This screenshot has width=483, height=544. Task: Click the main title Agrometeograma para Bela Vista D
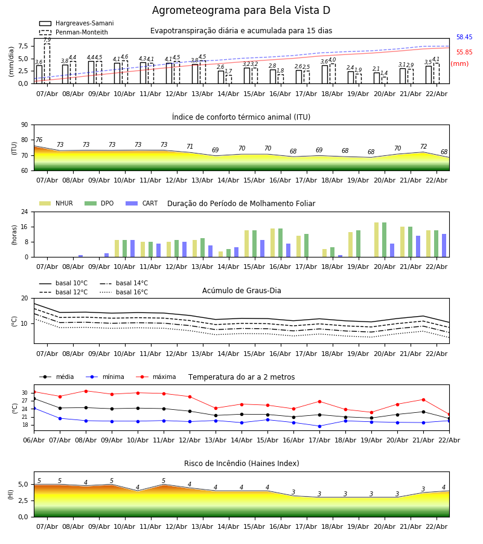[241, 11]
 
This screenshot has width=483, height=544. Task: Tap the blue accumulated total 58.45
[464, 37]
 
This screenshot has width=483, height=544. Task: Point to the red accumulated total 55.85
[464, 53]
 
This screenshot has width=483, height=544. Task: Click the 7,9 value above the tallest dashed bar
[47, 40]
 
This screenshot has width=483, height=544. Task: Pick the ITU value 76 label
[39, 140]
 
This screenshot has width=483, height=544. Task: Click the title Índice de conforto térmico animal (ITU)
[241, 117]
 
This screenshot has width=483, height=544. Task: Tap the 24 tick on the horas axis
[25, 212]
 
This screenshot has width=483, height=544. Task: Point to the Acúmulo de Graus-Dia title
[241, 291]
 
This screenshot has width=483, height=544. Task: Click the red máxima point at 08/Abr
[86, 391]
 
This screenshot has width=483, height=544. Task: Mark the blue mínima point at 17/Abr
[319, 426]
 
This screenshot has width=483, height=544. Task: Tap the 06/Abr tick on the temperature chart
[34, 439]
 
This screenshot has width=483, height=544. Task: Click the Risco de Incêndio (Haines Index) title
[241, 464]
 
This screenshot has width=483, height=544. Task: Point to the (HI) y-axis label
[10, 494]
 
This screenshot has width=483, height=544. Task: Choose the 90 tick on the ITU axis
[25, 125]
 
